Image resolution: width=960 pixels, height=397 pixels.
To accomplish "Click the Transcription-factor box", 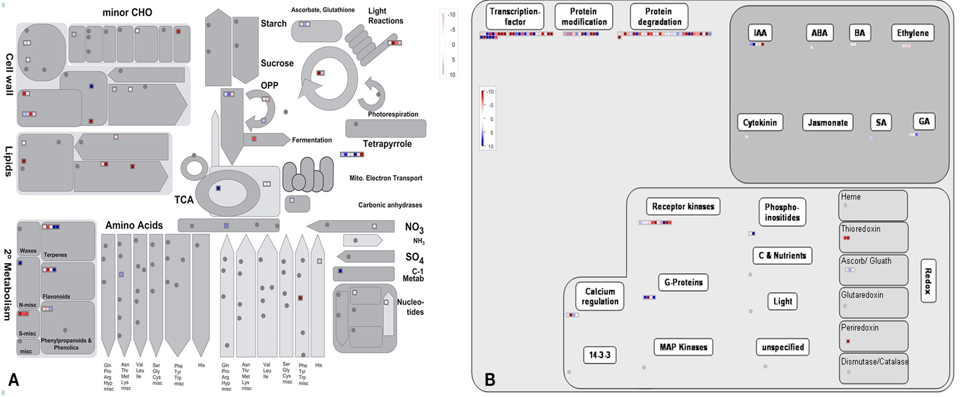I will click(x=515, y=17).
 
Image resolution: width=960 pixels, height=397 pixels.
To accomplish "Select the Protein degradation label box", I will click(x=659, y=17).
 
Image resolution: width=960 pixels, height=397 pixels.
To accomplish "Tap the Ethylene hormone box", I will click(x=912, y=33).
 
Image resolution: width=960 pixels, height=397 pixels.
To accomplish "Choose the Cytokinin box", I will click(x=760, y=122).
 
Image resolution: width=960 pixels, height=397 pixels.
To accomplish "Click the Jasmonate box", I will click(x=827, y=122).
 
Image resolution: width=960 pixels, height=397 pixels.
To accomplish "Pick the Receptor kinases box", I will click(x=683, y=206).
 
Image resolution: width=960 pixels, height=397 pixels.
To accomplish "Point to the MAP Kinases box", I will click(x=683, y=347).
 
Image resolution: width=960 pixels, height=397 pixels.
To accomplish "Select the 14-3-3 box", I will click(x=599, y=355).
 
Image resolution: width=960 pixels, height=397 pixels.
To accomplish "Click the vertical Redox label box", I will click(x=928, y=281).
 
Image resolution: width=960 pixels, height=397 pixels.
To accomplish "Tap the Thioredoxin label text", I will click(x=860, y=229).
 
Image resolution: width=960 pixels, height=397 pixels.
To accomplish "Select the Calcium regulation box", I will click(x=599, y=296).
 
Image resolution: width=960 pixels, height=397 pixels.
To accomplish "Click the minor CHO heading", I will click(x=127, y=12).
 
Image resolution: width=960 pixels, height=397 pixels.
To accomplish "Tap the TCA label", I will click(x=184, y=200).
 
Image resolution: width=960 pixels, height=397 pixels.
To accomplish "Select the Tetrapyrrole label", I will click(x=387, y=144).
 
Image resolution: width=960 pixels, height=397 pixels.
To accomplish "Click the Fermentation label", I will click(x=312, y=140).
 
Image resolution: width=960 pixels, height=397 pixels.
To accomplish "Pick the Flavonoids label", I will click(x=56, y=297).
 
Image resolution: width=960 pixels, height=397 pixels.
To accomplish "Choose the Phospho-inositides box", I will click(x=782, y=212).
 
